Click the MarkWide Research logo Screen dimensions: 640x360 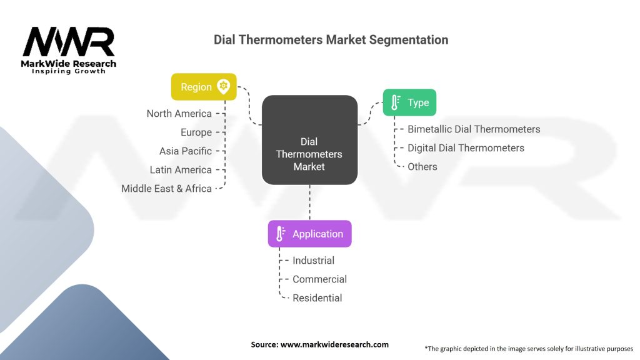click(x=69, y=51)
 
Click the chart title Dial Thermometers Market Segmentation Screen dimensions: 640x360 click(x=331, y=39)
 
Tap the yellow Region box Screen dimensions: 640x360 click(x=204, y=86)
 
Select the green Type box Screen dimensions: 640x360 click(x=409, y=102)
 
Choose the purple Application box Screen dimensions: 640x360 click(x=310, y=234)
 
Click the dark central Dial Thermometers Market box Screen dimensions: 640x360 click(x=310, y=140)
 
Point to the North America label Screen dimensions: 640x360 click(x=179, y=114)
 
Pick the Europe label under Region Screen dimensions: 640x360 click(x=196, y=132)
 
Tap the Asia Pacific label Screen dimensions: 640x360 click(x=186, y=151)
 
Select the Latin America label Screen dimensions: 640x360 click(x=181, y=170)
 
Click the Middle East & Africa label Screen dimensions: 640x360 click(x=166, y=189)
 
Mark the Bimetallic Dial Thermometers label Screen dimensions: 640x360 click(x=474, y=129)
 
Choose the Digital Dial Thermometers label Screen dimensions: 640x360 click(x=466, y=147)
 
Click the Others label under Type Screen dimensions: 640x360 click(x=422, y=166)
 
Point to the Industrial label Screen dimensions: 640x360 click(x=314, y=261)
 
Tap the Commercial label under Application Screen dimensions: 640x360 click(x=319, y=279)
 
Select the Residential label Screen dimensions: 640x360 click(x=317, y=298)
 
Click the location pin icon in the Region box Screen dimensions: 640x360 click(x=223, y=86)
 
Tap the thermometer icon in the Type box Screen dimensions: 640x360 click(x=395, y=102)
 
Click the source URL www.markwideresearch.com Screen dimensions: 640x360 click(x=335, y=344)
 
